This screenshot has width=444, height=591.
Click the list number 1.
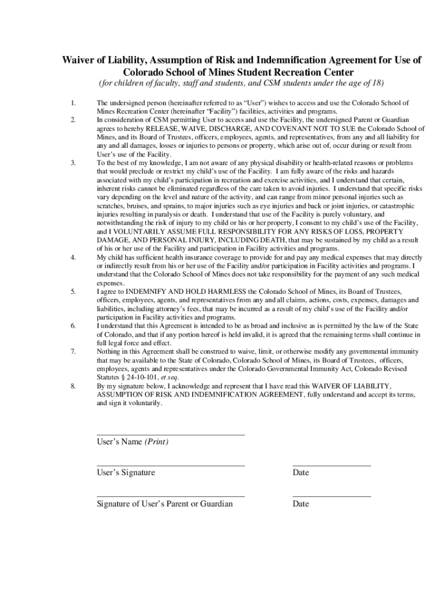73,103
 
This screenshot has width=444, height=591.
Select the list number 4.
73,257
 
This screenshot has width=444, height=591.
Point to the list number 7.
73,351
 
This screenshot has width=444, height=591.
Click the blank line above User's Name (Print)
171,434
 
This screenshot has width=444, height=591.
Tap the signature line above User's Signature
171,465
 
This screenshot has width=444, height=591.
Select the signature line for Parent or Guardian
171,496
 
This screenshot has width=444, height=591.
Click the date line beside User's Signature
332,465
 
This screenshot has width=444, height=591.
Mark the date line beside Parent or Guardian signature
332,496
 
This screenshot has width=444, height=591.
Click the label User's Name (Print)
133,442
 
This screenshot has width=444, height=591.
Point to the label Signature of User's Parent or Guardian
165,504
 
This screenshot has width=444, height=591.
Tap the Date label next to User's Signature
301,473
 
